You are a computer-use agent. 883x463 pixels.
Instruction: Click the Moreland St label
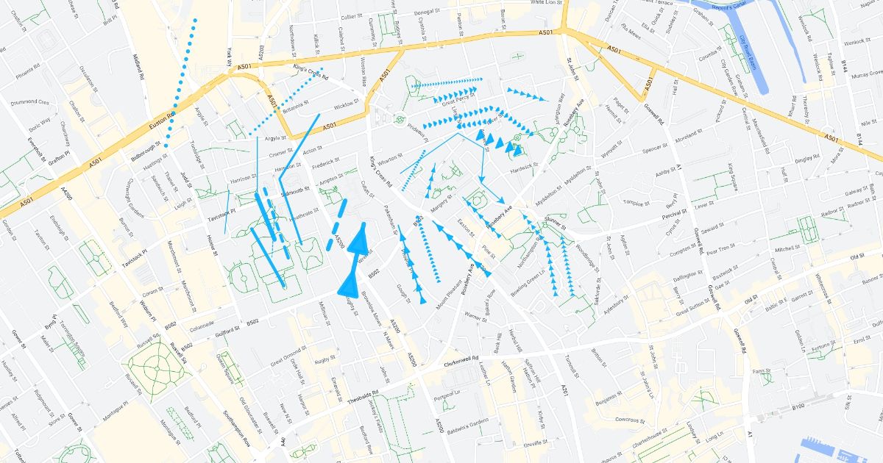click(689, 134)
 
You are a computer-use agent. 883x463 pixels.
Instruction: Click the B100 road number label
click(798, 406)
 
